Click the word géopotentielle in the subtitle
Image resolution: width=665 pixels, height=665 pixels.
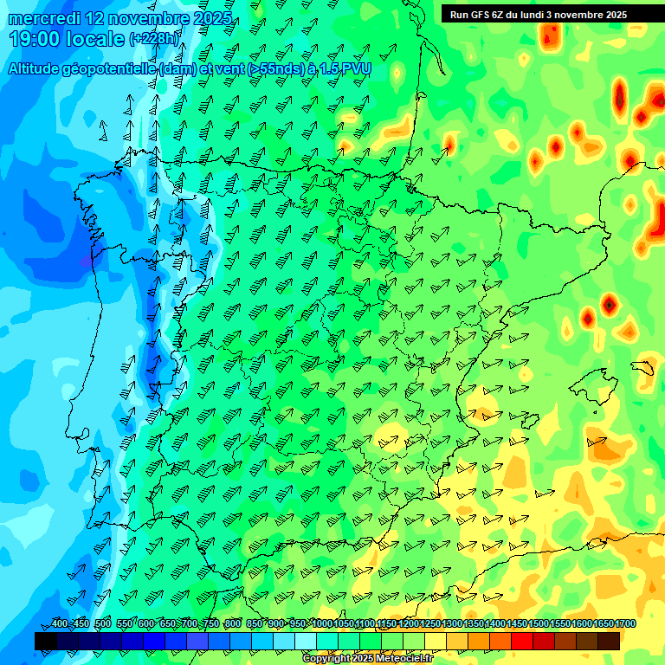click(108, 69)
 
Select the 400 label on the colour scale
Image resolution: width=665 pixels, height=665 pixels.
click(59, 624)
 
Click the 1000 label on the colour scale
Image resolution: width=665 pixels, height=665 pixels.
click(322, 624)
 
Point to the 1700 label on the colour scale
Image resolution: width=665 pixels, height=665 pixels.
click(625, 624)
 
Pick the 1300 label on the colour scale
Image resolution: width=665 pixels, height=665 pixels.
click(452, 624)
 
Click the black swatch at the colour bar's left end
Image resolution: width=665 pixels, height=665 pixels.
click(46, 641)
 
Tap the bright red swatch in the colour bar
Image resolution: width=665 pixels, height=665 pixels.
click(522, 641)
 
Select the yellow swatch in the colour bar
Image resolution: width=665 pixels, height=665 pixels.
click(436, 641)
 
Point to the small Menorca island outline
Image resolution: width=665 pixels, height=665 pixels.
click(642, 367)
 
